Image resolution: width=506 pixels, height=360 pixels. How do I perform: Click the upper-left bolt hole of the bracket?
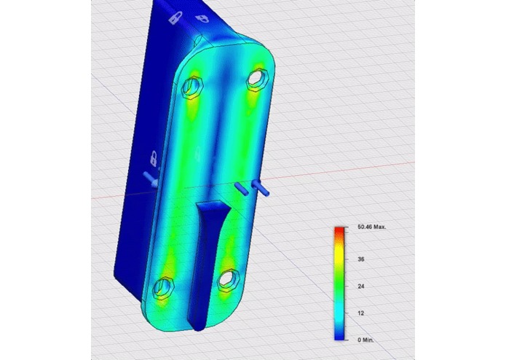[193, 87]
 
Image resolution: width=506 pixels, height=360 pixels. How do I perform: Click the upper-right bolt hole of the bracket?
[257, 77]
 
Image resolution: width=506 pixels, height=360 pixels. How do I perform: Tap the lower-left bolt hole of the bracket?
[167, 286]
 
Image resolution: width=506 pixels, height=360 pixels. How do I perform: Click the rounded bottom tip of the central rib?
[199, 321]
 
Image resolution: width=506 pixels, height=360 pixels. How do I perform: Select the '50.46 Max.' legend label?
[371, 227]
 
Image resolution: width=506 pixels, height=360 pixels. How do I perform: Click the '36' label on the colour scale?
[361, 259]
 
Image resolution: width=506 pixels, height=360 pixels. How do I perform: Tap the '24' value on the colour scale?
[361, 286]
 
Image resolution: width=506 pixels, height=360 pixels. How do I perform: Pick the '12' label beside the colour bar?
[361, 313]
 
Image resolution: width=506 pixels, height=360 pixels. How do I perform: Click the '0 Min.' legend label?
[367, 340]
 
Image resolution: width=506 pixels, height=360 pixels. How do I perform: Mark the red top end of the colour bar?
[339, 232]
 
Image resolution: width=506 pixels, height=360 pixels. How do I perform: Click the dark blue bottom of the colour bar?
[339, 336]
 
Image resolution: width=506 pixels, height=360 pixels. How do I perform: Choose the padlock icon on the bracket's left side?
[154, 157]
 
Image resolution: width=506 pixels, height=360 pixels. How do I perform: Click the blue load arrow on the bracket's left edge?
[149, 178]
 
